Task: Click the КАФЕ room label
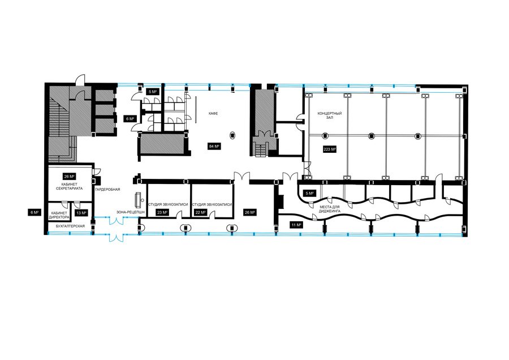tap(213, 113)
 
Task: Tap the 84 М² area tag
tap(214, 146)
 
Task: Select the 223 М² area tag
tap(330, 149)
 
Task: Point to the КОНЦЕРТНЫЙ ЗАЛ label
tap(330, 115)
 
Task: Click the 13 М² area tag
tap(81, 213)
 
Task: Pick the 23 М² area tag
tap(162, 212)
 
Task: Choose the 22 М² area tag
tap(200, 212)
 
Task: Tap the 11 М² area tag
tap(296, 225)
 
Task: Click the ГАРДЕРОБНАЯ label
tap(108, 189)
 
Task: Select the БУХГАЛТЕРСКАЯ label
tap(71, 226)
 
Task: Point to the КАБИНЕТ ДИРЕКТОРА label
tap(59, 215)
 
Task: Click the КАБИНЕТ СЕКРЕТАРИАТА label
tap(69, 186)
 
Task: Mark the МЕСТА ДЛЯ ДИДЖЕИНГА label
tap(330, 209)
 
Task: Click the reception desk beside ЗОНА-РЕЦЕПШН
tap(139, 200)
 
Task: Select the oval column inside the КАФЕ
tap(233, 135)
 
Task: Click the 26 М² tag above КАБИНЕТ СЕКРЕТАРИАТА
tap(69, 177)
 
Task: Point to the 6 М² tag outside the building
tap(34, 212)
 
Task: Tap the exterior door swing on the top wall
tap(80, 80)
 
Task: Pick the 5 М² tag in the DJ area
tap(309, 194)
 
